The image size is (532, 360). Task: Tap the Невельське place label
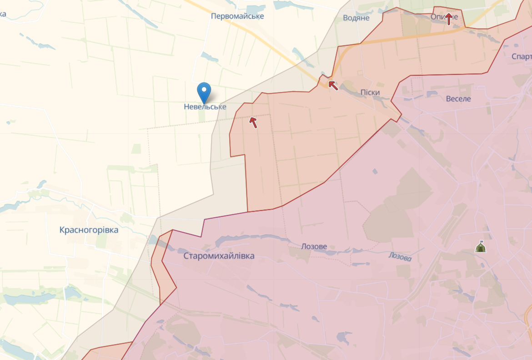[x=205, y=107]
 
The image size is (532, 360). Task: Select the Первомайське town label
[x=237, y=16]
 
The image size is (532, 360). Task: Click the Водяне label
[x=356, y=18]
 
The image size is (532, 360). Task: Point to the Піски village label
[x=370, y=92]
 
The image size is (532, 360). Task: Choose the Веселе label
[x=458, y=99]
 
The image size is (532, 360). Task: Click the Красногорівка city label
[x=89, y=230]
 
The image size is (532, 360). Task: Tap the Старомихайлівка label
[x=219, y=256]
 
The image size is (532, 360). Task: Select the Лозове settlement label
[x=314, y=247]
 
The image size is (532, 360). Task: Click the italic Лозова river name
[x=400, y=257]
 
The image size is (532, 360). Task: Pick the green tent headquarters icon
[x=480, y=247]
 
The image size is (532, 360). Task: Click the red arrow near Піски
[x=333, y=85]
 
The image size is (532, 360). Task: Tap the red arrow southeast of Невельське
[x=253, y=122]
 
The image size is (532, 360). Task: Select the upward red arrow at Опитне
[x=449, y=19]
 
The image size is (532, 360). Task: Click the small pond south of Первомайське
[x=210, y=57]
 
